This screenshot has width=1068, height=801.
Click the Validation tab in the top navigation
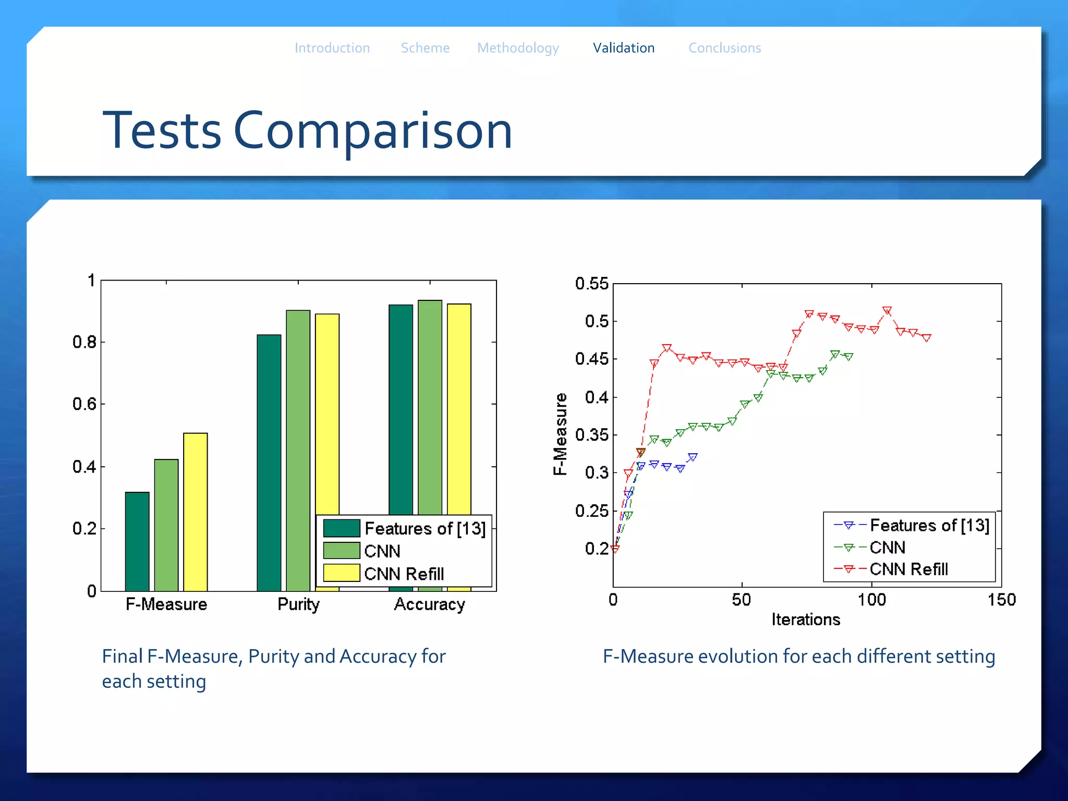click(623, 48)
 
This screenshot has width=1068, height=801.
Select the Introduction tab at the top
click(332, 48)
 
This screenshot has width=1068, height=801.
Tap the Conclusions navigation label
click(724, 48)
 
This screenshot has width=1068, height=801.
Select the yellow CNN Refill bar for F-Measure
click(196, 511)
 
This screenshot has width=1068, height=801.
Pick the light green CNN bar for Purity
click(298, 448)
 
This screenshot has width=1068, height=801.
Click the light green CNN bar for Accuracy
click(430, 407)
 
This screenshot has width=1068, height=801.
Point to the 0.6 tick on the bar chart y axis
click(84, 404)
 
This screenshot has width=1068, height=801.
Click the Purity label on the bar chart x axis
click(298, 604)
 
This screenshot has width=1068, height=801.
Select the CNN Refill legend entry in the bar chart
click(404, 574)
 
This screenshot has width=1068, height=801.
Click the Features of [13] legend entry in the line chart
click(929, 525)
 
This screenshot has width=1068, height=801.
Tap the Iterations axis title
click(806, 620)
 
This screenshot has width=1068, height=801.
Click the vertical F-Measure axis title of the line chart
click(560, 434)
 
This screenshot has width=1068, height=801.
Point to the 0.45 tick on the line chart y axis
click(591, 359)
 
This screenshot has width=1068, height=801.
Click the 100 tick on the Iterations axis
click(871, 600)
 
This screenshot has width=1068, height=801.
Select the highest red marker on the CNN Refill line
click(887, 311)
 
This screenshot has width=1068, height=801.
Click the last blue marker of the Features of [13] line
click(693, 457)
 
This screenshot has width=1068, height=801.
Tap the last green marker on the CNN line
click(848, 357)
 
